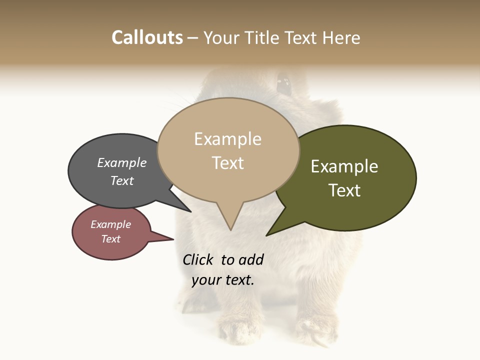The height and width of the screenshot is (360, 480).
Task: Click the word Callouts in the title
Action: (x=147, y=37)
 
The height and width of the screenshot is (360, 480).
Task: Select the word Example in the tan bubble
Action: (x=227, y=139)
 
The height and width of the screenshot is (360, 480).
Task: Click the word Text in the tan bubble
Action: (x=227, y=162)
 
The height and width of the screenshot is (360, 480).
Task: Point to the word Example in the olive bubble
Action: (x=344, y=166)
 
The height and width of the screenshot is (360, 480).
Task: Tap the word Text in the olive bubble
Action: (x=344, y=190)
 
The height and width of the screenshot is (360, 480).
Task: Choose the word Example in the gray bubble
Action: (x=122, y=162)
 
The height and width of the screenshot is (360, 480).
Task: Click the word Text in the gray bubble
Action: (x=122, y=180)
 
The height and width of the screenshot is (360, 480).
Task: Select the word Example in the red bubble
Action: (x=110, y=224)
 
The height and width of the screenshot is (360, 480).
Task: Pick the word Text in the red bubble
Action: (x=110, y=239)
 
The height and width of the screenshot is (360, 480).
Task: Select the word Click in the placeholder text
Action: (x=197, y=259)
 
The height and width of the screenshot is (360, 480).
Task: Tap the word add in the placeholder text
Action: (x=251, y=259)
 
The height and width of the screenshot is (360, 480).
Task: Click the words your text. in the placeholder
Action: (x=223, y=280)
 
